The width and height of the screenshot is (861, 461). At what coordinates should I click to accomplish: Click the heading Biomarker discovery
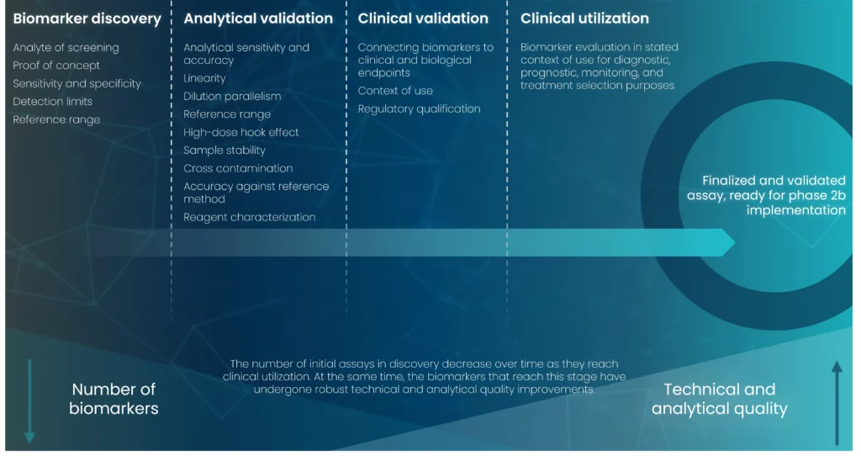pyautogui.click(x=87, y=19)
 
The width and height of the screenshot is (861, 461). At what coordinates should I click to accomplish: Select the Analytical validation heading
pyautogui.click(x=258, y=19)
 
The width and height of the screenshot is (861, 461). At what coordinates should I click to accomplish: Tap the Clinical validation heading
pyautogui.click(x=423, y=19)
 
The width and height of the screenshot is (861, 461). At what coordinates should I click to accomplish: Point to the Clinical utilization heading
pyautogui.click(x=584, y=19)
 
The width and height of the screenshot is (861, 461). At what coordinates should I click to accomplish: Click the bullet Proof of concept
pyautogui.click(x=56, y=66)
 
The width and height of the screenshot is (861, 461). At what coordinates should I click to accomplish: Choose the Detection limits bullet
pyautogui.click(x=53, y=102)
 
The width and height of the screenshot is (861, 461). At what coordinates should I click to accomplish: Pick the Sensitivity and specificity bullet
pyautogui.click(x=77, y=83)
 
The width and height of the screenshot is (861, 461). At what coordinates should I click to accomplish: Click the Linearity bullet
pyautogui.click(x=204, y=78)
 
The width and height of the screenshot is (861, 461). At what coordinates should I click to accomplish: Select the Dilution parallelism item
pyautogui.click(x=232, y=96)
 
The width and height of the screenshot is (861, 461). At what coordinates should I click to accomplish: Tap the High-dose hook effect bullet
pyautogui.click(x=241, y=132)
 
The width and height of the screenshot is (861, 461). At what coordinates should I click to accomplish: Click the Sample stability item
pyautogui.click(x=224, y=151)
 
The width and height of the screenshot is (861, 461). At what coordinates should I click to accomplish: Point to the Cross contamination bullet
pyautogui.click(x=238, y=169)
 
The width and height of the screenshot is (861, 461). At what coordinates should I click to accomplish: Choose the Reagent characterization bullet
pyautogui.click(x=249, y=217)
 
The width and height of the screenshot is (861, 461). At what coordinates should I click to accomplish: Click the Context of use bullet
pyautogui.click(x=395, y=91)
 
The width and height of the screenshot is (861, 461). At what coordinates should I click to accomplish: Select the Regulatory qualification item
pyautogui.click(x=419, y=109)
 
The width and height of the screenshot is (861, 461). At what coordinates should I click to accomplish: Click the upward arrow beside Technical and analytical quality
pyautogui.click(x=837, y=403)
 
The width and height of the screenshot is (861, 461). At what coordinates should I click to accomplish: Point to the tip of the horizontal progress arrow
pyautogui.click(x=735, y=242)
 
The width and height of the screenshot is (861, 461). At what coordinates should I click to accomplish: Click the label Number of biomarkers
pyautogui.click(x=114, y=399)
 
